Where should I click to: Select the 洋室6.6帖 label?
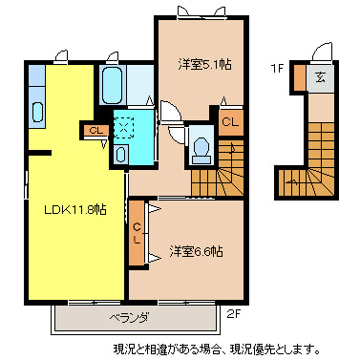(x=197, y=251)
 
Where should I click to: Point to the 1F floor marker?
(x=277, y=68)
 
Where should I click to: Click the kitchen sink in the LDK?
(x=37, y=111)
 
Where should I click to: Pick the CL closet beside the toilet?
(x=229, y=121)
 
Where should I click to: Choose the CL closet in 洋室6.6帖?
(x=138, y=233)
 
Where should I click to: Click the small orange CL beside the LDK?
(x=95, y=131)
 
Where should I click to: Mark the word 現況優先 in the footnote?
(x=282, y=348)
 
